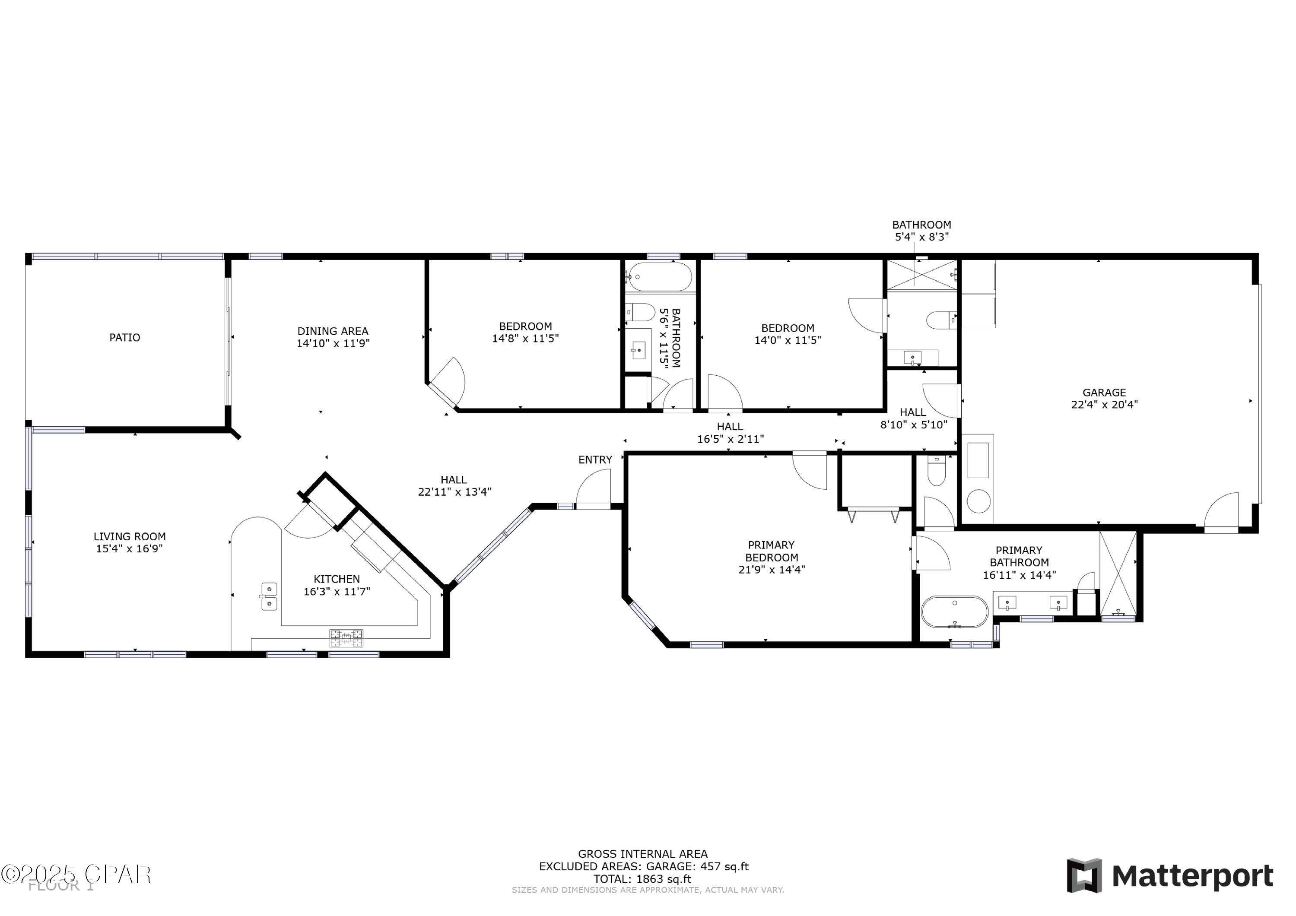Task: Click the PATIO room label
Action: click(x=125, y=337)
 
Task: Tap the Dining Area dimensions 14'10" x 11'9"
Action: click(x=333, y=343)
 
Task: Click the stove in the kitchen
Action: click(x=346, y=638)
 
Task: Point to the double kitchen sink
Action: click(x=269, y=596)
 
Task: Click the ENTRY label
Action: click(x=595, y=460)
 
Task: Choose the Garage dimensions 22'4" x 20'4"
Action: click(x=1104, y=405)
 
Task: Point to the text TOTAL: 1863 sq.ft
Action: click(x=642, y=879)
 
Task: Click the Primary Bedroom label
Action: click(x=771, y=551)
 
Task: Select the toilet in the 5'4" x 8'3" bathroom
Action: click(x=940, y=320)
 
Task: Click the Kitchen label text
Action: click(x=337, y=579)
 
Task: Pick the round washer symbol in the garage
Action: click(x=979, y=501)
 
